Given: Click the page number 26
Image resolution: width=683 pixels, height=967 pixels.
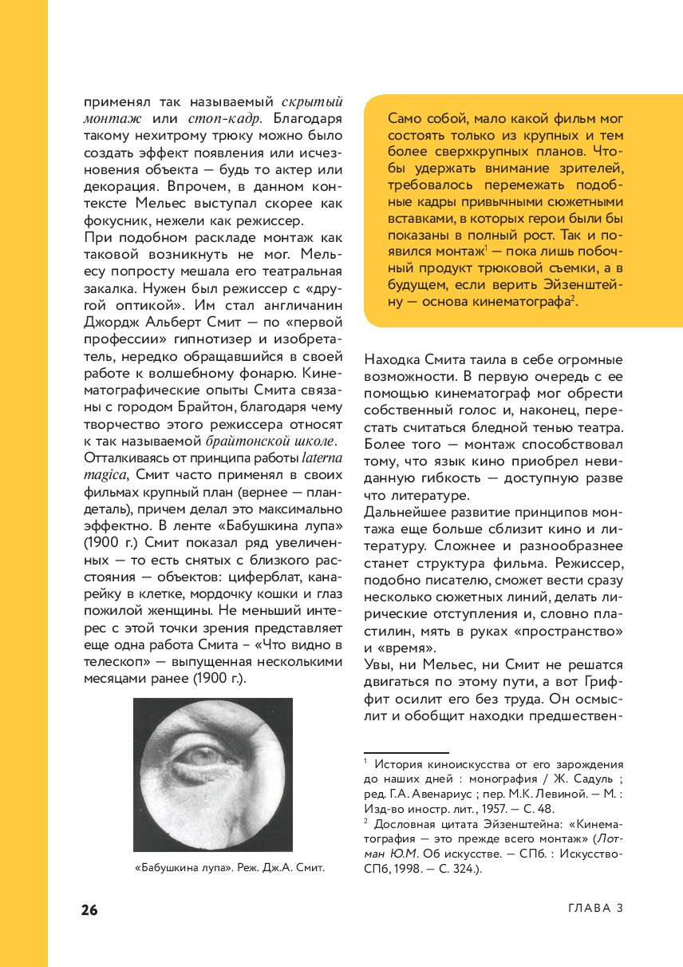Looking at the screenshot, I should [89, 910].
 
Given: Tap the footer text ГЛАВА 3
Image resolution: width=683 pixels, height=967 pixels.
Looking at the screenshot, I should [594, 909].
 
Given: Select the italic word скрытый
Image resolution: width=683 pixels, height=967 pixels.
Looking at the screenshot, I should [313, 101].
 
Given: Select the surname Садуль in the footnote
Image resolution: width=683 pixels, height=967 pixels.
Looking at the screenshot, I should [595, 779].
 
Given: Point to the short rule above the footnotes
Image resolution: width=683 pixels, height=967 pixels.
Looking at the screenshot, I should [406, 752].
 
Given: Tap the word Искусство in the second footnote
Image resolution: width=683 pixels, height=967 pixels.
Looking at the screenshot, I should [590, 854].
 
